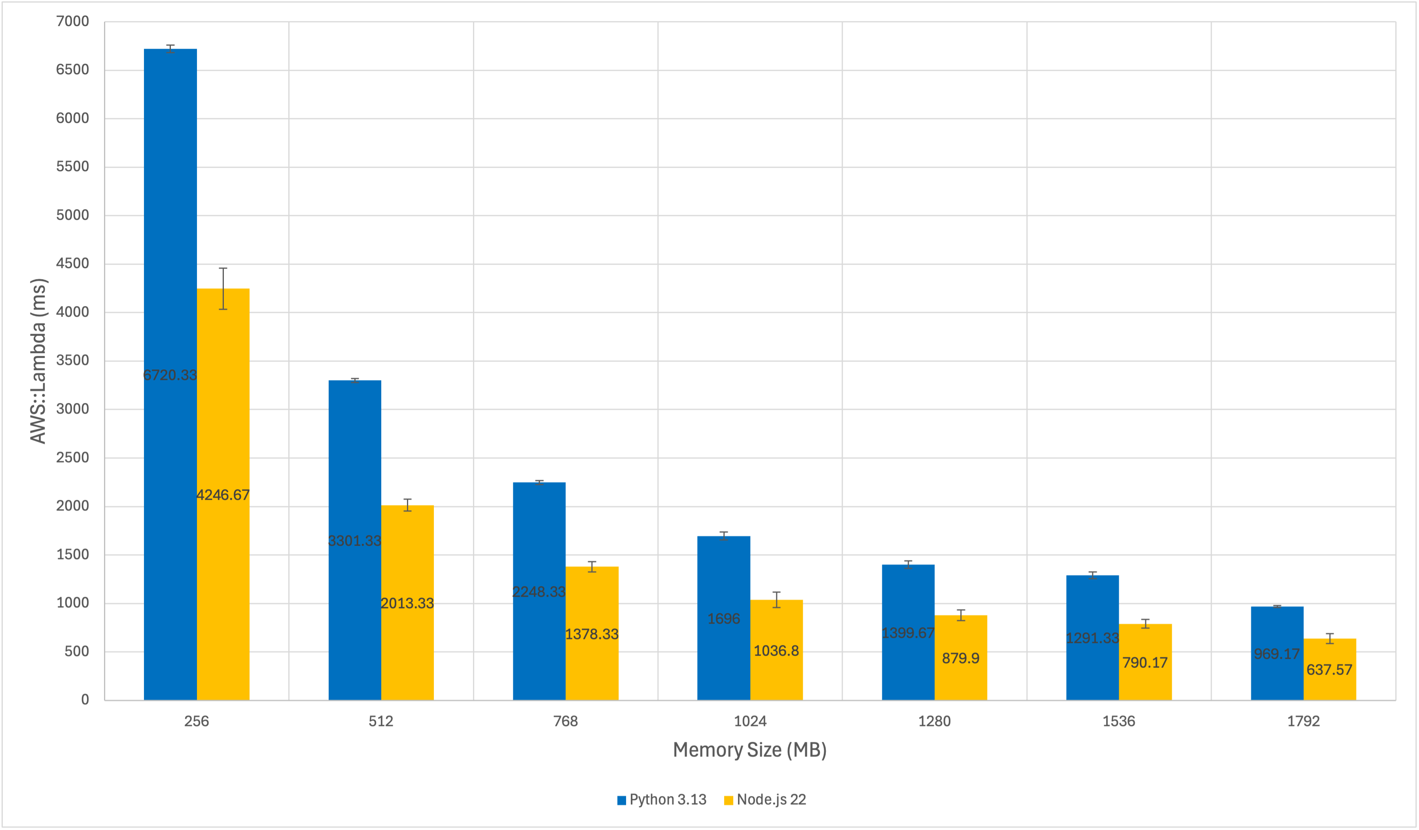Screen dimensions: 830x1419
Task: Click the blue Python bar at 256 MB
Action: tap(170, 225)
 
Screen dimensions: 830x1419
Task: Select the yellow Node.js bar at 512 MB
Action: tap(407, 648)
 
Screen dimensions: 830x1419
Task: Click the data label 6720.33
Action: tap(170, 375)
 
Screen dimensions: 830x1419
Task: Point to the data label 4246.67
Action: tap(223, 495)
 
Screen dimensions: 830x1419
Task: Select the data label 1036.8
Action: tap(776, 651)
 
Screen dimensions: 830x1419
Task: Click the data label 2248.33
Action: tap(539, 592)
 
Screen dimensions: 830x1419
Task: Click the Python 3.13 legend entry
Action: tap(662, 800)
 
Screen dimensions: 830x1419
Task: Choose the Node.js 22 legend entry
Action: tap(765, 800)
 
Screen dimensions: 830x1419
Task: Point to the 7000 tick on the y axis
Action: tap(73, 21)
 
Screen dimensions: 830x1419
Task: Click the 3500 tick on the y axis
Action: tap(73, 360)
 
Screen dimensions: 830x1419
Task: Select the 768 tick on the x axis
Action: tap(566, 721)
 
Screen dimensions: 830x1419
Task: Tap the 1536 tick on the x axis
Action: tap(1118, 721)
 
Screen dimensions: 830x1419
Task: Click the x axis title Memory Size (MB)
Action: tap(749, 750)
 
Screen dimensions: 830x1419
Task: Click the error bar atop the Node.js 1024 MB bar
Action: tap(776, 600)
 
